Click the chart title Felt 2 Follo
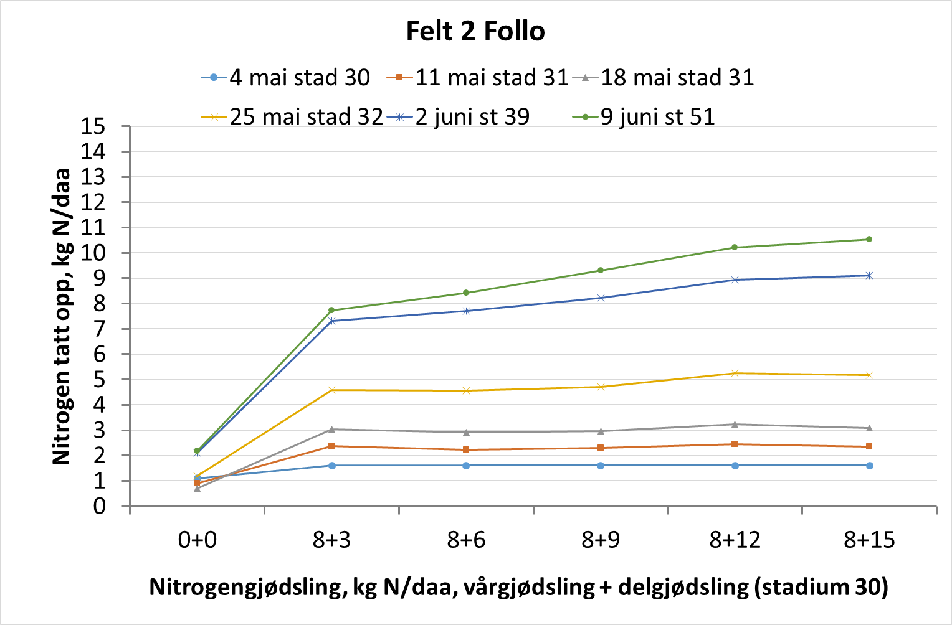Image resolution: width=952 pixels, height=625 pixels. tap(475, 31)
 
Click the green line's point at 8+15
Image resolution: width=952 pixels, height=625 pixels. tap(869, 239)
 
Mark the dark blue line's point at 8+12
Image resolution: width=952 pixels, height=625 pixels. tap(735, 280)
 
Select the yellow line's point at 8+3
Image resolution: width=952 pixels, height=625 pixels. tap(331, 390)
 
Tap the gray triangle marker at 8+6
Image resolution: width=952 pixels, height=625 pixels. tap(466, 432)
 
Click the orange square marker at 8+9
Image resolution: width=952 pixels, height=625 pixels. tap(601, 448)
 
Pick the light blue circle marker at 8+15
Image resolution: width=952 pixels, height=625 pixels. tap(869, 466)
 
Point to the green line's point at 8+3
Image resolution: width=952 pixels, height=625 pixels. tap(331, 310)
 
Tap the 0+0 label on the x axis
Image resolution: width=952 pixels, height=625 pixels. tap(197, 540)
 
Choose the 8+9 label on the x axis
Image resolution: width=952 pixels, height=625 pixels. tap(601, 540)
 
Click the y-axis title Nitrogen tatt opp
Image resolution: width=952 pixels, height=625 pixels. tap(62, 316)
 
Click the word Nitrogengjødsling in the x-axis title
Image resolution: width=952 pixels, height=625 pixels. tap(247, 587)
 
